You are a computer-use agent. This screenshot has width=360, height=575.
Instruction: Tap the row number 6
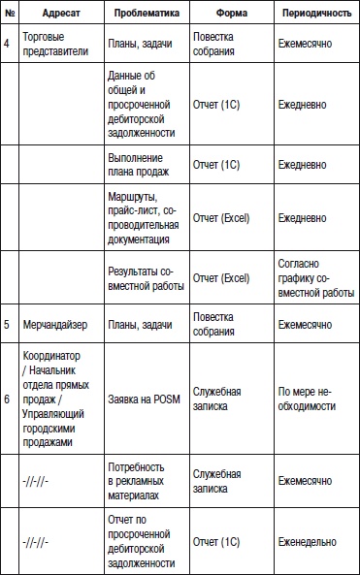point(8,398)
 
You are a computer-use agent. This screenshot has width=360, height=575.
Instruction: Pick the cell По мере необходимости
point(309,398)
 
